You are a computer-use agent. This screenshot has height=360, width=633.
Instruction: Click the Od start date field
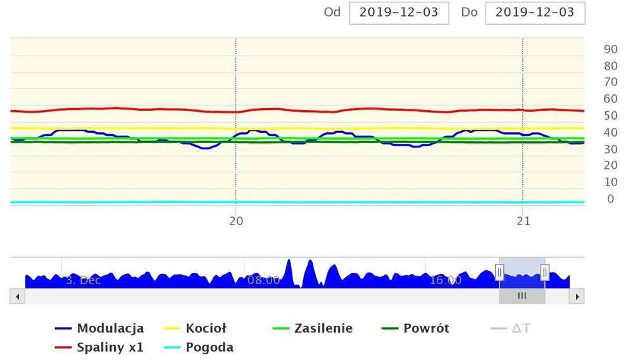(399, 13)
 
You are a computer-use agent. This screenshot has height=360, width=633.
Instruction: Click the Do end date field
(535, 13)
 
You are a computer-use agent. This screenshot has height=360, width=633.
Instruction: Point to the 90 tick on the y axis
(611, 49)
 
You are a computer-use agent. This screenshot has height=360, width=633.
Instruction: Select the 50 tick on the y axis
(611, 116)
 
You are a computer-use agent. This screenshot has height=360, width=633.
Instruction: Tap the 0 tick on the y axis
(611, 199)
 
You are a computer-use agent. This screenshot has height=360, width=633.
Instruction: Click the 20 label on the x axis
(236, 221)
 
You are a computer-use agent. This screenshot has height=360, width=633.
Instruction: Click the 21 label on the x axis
(523, 221)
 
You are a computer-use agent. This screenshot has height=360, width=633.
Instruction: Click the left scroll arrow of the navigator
(18, 296)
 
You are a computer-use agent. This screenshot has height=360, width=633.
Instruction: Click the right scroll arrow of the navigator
(576, 296)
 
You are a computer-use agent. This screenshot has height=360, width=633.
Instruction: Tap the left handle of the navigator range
(499, 273)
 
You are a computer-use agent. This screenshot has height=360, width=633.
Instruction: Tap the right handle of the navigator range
(545, 273)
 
